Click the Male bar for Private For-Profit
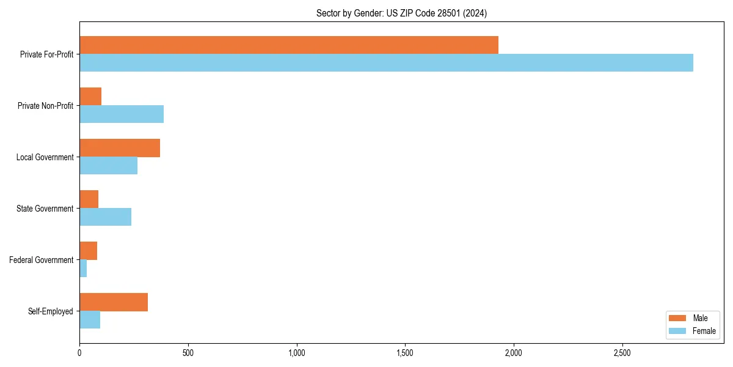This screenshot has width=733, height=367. click(x=289, y=45)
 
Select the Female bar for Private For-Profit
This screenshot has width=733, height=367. click(x=386, y=63)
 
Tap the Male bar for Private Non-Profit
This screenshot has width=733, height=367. click(x=90, y=97)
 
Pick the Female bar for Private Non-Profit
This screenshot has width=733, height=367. click(x=122, y=114)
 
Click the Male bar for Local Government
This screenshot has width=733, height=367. click(x=120, y=148)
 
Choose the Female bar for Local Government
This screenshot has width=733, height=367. click(x=108, y=166)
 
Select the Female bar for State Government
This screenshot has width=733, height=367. click(x=105, y=217)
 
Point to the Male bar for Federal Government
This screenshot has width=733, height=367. click(x=88, y=251)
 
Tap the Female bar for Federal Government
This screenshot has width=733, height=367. click(x=83, y=269)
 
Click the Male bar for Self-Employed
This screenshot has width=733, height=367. click(x=114, y=302)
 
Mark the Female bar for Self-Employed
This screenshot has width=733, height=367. click(x=90, y=320)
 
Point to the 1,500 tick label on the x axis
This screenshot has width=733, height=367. click(x=405, y=353)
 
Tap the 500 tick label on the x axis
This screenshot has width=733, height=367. click(x=188, y=353)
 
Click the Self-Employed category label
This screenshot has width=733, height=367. click(x=50, y=311)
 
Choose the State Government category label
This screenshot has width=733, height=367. click(x=45, y=209)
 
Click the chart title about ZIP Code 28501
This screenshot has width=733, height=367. click(x=401, y=13)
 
